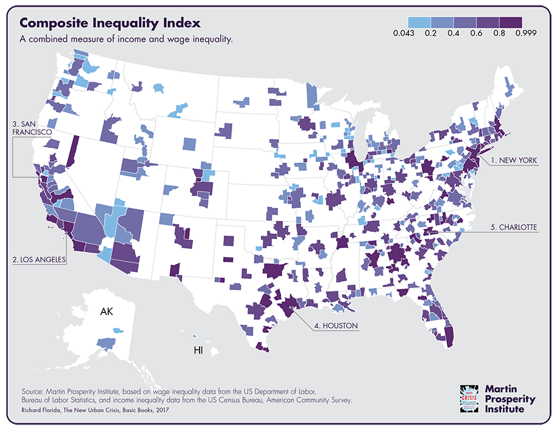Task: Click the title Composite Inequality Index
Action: click(x=110, y=24)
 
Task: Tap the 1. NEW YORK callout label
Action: click(x=514, y=160)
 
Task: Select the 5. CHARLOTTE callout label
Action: click(x=515, y=228)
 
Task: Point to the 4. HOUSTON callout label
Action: click(x=334, y=325)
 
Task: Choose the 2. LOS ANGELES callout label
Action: click(x=39, y=260)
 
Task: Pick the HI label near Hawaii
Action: click(x=198, y=351)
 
